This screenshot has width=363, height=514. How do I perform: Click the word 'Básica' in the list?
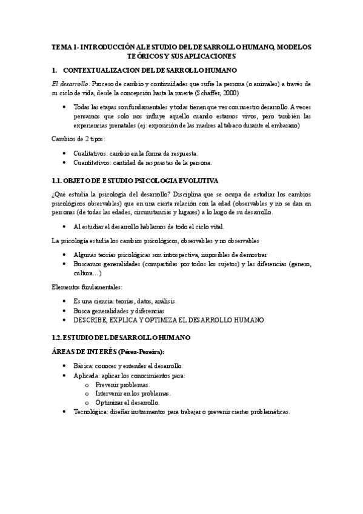(82, 366)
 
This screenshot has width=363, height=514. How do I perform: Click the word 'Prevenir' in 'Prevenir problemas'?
(109, 384)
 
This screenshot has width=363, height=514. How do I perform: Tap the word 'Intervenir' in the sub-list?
(112, 393)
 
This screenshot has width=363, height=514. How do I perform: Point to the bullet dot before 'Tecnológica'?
(65, 412)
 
